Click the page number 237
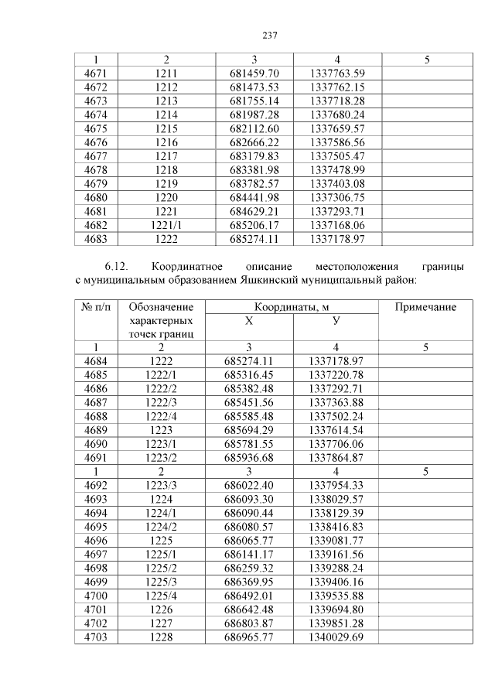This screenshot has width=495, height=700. [x=269, y=36]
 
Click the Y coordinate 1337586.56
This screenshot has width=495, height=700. [x=336, y=142]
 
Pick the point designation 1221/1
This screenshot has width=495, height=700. [x=166, y=225]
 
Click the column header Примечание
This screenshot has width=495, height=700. [x=425, y=307]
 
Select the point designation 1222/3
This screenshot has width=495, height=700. [x=166, y=402]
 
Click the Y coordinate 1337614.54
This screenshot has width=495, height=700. [x=336, y=429]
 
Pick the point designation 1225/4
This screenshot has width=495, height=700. [x=166, y=596]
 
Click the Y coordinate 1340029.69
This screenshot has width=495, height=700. [x=336, y=637]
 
